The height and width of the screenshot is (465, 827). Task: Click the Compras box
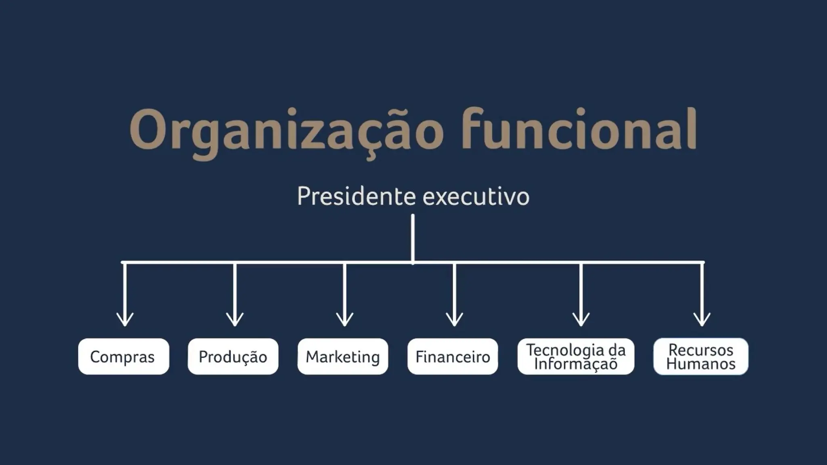coord(123,356)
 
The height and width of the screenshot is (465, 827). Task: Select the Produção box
coord(233,356)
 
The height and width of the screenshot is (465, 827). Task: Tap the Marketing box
coord(343,356)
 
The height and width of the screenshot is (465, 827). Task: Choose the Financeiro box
coord(453,356)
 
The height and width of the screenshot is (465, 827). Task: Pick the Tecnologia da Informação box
coord(576,356)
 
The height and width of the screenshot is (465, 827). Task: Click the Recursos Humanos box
coord(701,356)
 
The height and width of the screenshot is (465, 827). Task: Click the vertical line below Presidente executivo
coord(413,238)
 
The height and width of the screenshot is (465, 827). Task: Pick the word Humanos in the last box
coord(701,364)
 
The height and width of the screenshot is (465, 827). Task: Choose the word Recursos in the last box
coord(701,350)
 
